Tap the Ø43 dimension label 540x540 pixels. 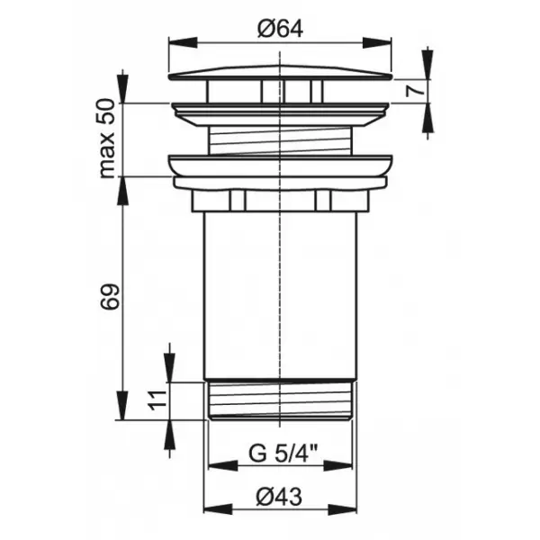tap(279, 497)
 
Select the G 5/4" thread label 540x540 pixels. tap(283, 453)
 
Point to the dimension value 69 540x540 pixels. tap(110, 296)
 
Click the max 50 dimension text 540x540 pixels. tap(106, 139)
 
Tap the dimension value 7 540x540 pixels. tap(415, 91)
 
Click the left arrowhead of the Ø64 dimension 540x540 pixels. tap(183, 42)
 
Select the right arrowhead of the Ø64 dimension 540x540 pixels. tap(377, 42)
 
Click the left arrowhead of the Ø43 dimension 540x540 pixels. tap(218, 509)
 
